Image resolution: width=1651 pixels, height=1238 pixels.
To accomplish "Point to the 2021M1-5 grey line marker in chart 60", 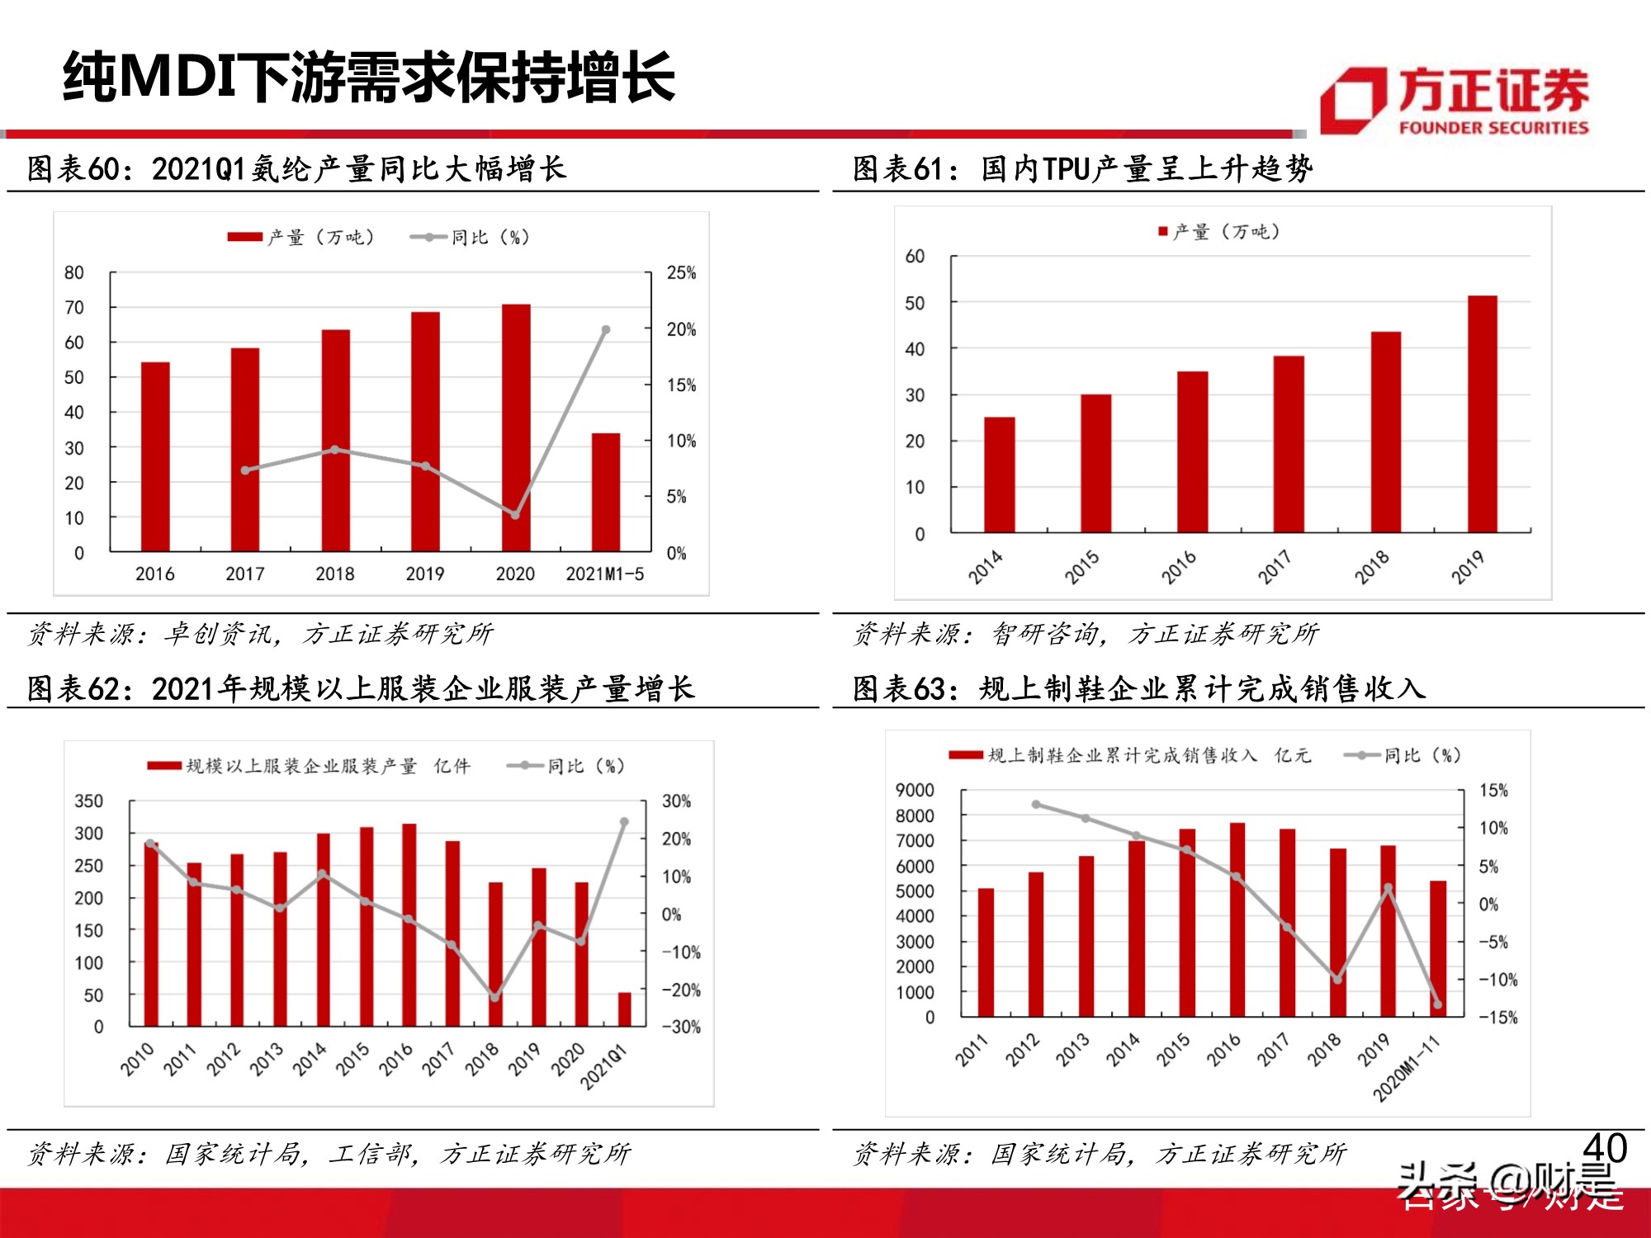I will [606, 329].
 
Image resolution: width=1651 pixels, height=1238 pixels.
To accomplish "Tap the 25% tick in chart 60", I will [681, 273].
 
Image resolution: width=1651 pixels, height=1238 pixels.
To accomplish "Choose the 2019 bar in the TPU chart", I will [1482, 413].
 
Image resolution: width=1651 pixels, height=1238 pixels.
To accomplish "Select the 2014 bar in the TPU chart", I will [999, 475].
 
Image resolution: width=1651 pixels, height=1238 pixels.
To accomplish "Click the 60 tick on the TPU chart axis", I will [915, 257].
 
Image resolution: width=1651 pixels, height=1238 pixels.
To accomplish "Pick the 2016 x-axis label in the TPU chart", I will [1178, 568].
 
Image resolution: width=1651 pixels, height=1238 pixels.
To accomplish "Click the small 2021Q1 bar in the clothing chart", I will [625, 1009].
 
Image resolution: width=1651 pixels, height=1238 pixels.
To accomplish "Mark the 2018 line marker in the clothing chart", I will [495, 997].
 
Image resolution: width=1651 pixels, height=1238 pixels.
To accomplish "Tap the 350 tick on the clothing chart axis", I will [88, 801].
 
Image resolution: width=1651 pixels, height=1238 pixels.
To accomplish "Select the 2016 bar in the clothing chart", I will [409, 924].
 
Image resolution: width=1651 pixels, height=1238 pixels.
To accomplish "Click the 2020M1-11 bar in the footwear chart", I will [1438, 948].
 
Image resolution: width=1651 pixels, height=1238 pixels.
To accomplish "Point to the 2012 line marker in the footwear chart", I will [1036, 804].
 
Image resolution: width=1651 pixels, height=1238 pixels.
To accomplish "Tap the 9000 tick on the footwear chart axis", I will [915, 791].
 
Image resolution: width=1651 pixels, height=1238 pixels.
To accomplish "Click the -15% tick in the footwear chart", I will [1497, 1018].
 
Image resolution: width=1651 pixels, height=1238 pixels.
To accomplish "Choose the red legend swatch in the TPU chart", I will [1163, 232].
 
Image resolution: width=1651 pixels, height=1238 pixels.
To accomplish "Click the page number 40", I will [1605, 1148].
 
